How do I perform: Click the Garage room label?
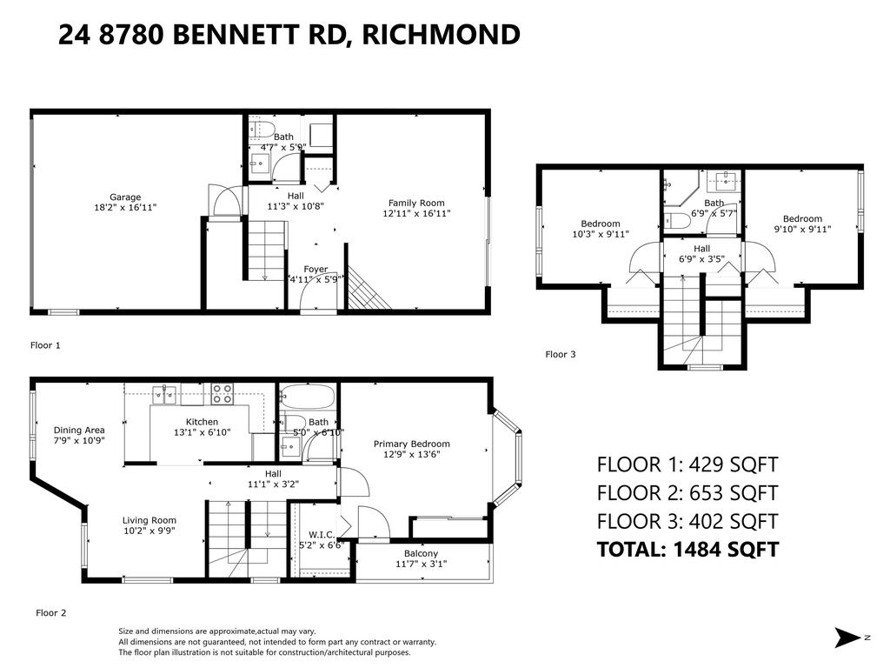pyautogui.click(x=125, y=197)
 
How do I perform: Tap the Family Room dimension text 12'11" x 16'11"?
pyautogui.click(x=419, y=214)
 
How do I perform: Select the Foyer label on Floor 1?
pyautogui.click(x=315, y=269)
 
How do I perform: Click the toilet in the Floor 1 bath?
pyautogui.click(x=257, y=131)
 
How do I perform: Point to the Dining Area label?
pyautogui.click(x=79, y=430)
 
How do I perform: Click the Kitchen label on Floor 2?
pyautogui.click(x=202, y=422)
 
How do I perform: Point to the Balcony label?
pyautogui.click(x=421, y=553)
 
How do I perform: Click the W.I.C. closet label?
pyautogui.click(x=322, y=534)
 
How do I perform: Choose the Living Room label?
pyautogui.click(x=149, y=521)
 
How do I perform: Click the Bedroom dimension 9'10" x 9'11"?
pyautogui.click(x=802, y=230)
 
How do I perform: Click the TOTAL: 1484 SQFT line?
pyautogui.click(x=687, y=550)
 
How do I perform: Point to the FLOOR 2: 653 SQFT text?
pyautogui.click(x=687, y=493)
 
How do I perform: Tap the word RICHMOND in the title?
pyautogui.click(x=441, y=35)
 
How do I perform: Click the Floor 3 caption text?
pyautogui.click(x=561, y=354)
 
